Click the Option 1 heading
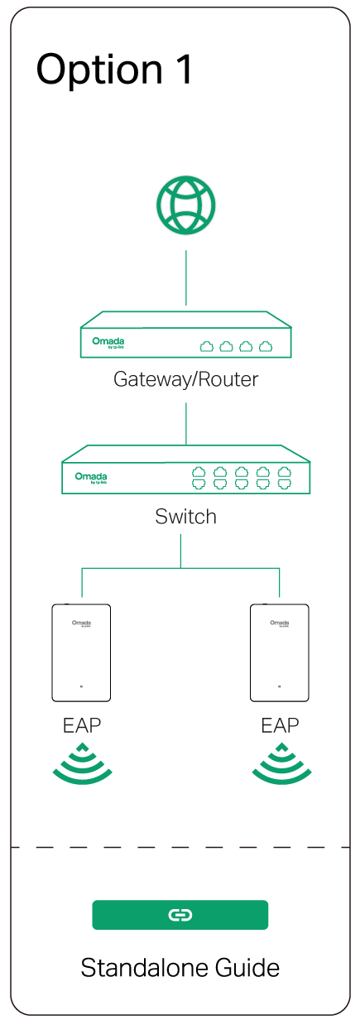pyautogui.click(x=114, y=70)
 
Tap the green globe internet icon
pyautogui.click(x=186, y=204)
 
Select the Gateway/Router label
pyautogui.click(x=186, y=380)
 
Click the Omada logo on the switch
pyautogui.click(x=91, y=477)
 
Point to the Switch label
pyautogui.click(x=186, y=517)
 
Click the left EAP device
pyautogui.click(x=81, y=652)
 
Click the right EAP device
pyautogui.click(x=280, y=652)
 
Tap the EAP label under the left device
pyautogui.click(x=82, y=726)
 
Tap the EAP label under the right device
pyautogui.click(x=280, y=726)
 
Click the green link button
pyautogui.click(x=180, y=915)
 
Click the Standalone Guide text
pyautogui.click(x=180, y=968)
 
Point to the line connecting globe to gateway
pyautogui.click(x=186, y=277)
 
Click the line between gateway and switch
pyautogui.click(x=186, y=423)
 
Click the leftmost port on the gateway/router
pyautogui.click(x=207, y=346)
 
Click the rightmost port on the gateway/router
pyautogui.click(x=266, y=346)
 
